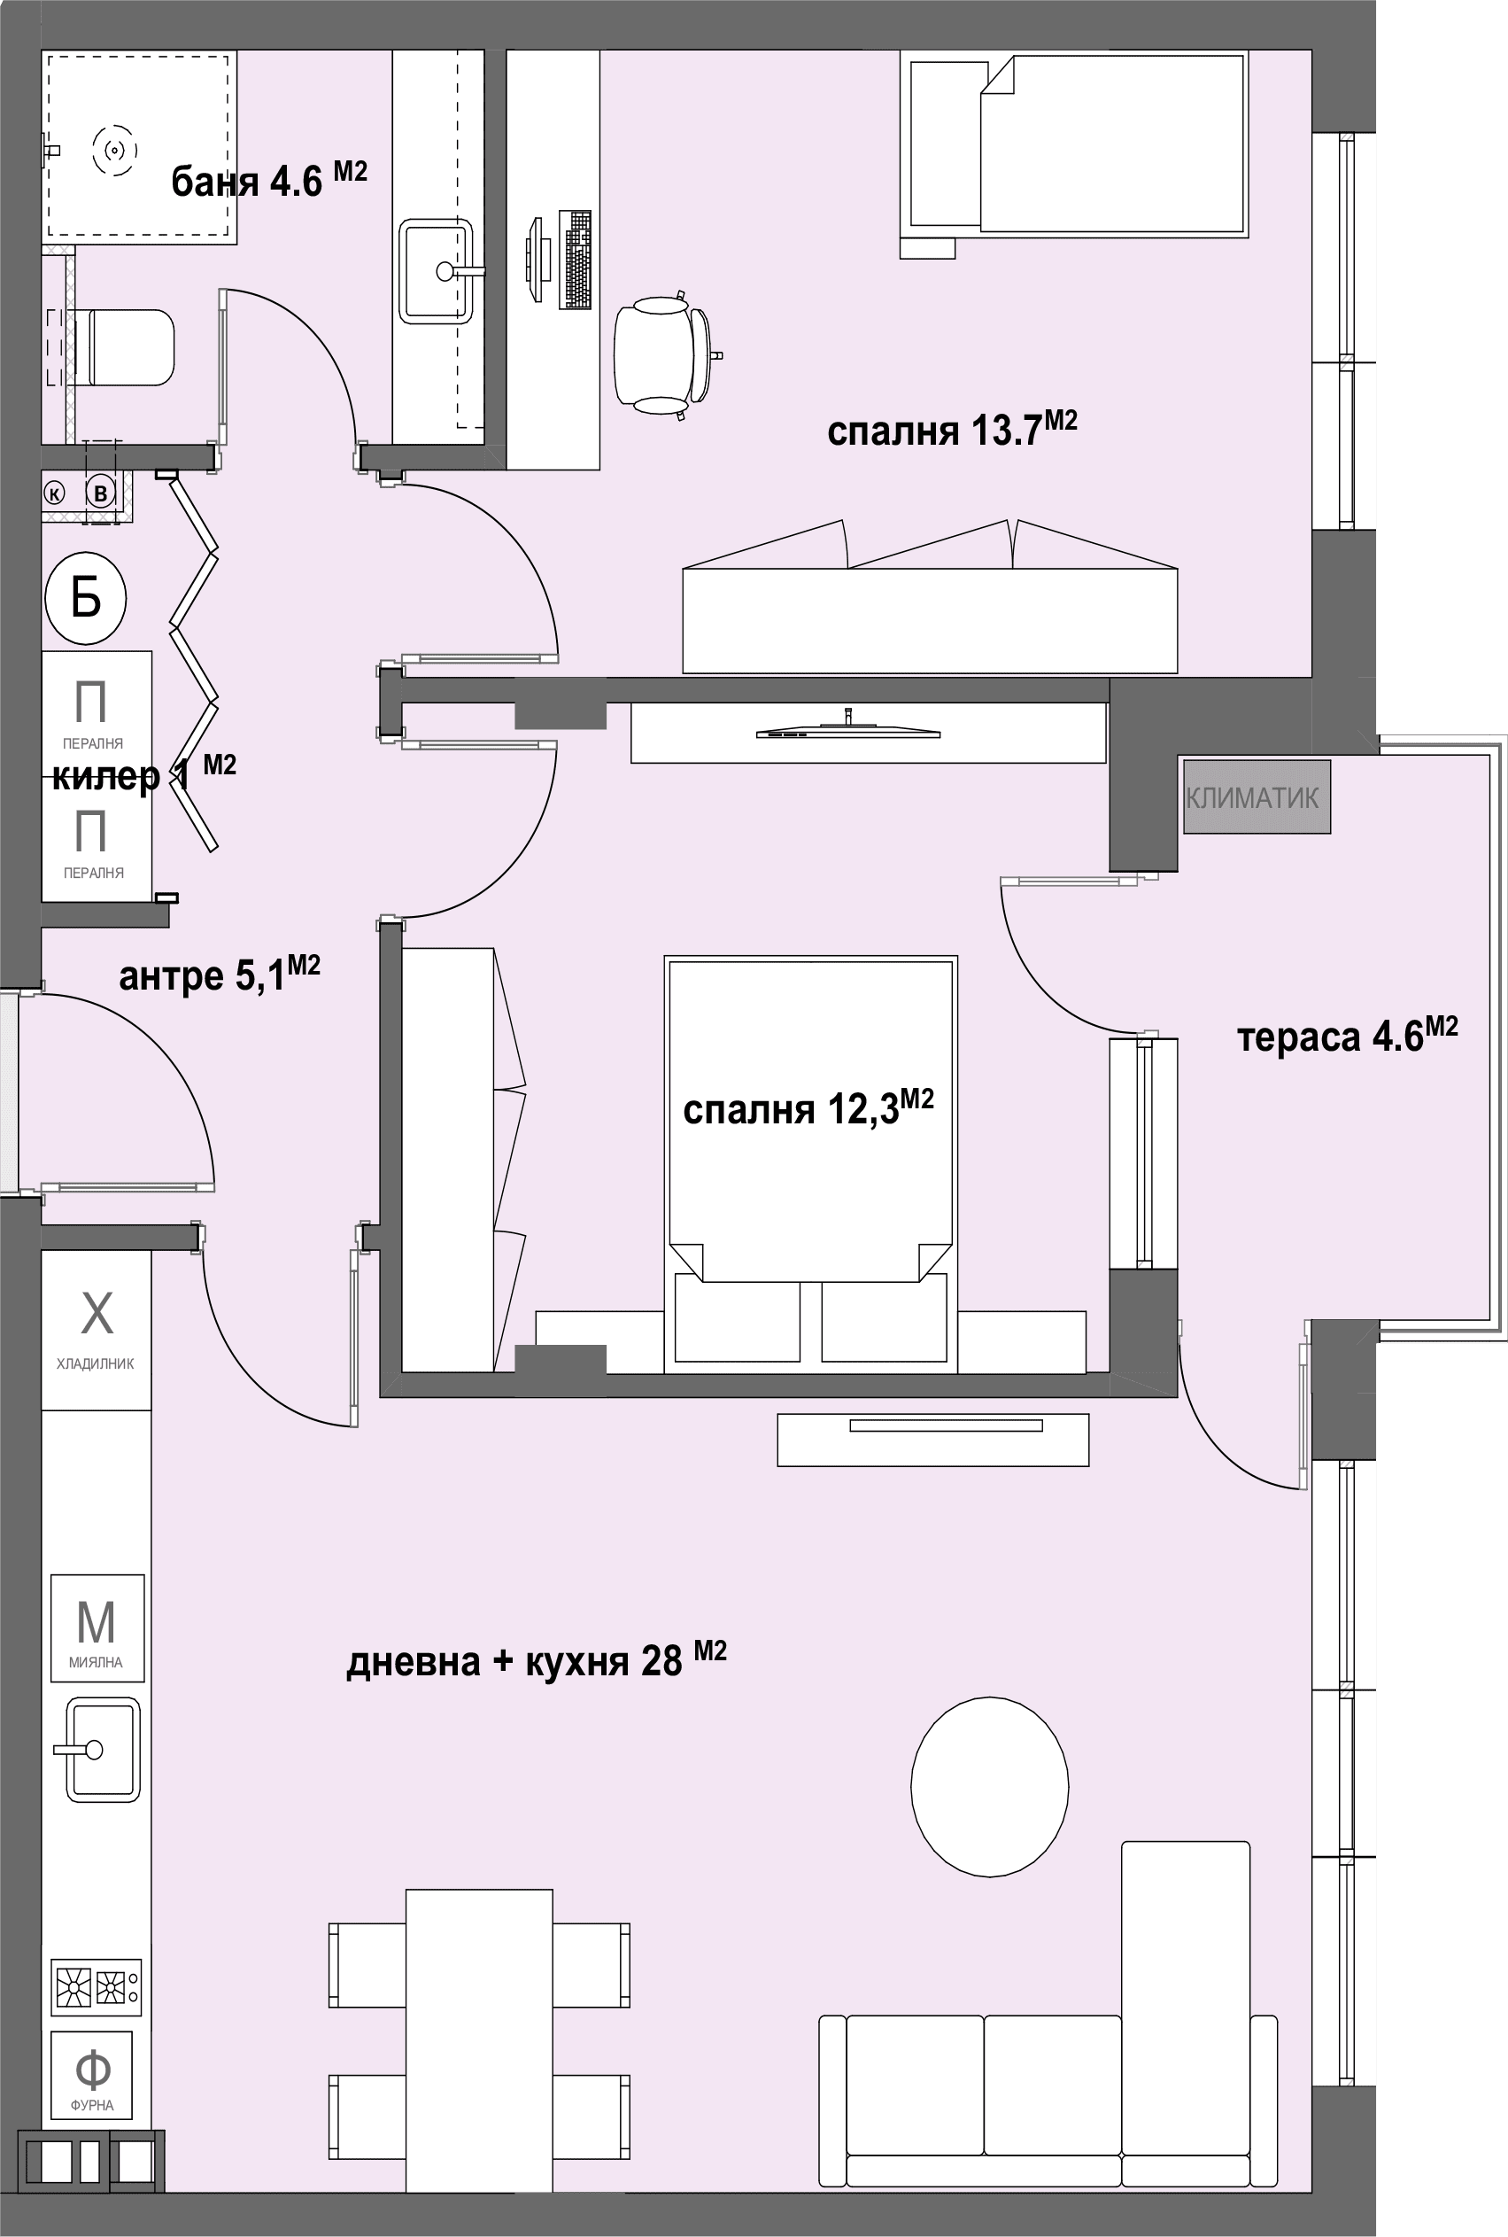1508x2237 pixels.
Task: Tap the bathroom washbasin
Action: tap(437, 271)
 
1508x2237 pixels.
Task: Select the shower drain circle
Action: tap(114, 150)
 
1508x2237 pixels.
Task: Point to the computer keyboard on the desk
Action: tap(575, 259)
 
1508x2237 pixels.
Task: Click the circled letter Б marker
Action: tap(86, 599)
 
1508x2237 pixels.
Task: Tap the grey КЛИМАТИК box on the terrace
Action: tap(1256, 796)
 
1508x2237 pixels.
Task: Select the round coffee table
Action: tap(990, 1787)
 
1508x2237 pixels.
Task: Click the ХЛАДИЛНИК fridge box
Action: tap(97, 1330)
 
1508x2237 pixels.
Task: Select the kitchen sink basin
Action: tap(102, 1750)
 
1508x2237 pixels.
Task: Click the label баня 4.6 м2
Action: tap(269, 178)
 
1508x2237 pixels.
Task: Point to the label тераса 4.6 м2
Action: tap(1348, 1034)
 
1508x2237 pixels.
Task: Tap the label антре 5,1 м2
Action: tap(220, 974)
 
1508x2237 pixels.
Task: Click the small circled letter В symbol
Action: tap(100, 493)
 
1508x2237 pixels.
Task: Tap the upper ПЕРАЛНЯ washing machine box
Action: tap(97, 707)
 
